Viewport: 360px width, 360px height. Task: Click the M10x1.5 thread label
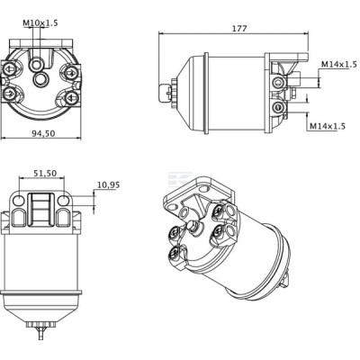point(40,22)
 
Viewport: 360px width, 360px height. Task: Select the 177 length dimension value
point(239,29)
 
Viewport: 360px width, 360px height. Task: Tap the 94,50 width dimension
point(44,133)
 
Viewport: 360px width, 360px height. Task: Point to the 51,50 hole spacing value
point(45,173)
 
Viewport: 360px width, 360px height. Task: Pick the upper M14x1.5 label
point(339,64)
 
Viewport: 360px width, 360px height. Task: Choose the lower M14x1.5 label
point(328,126)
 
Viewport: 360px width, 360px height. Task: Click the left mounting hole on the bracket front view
point(19,200)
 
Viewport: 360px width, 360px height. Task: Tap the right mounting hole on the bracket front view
point(64,200)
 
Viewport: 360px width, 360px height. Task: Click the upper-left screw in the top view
point(9,70)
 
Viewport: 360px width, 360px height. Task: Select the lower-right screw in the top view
point(71,96)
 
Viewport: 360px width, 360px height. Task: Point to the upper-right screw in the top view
point(71,71)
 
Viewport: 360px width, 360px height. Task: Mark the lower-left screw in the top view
point(9,94)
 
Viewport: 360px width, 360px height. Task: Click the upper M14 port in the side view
point(277,81)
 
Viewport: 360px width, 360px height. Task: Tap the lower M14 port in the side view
point(277,107)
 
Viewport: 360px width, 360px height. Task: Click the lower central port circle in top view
point(40,79)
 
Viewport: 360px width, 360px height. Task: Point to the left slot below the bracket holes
point(19,217)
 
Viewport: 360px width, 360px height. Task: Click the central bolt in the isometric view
point(193,227)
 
